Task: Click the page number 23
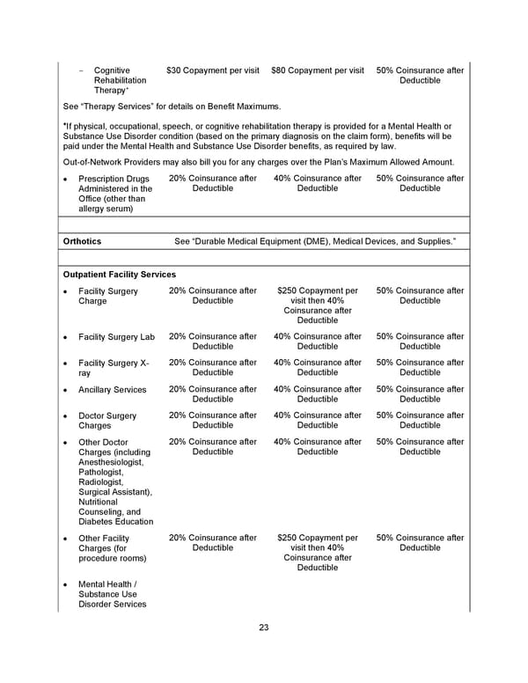click(264, 628)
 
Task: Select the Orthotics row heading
click(83, 241)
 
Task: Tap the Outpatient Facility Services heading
click(120, 275)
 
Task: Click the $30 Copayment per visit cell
click(213, 70)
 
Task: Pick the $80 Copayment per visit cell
click(318, 70)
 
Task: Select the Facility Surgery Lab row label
click(116, 337)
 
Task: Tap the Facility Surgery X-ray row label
click(114, 368)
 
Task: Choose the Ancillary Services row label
click(113, 390)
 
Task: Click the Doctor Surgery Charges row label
click(107, 421)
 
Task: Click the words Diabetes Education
click(115, 521)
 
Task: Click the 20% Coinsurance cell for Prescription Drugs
click(213, 183)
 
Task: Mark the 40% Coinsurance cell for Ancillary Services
click(318, 394)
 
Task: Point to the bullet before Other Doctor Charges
click(66, 443)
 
